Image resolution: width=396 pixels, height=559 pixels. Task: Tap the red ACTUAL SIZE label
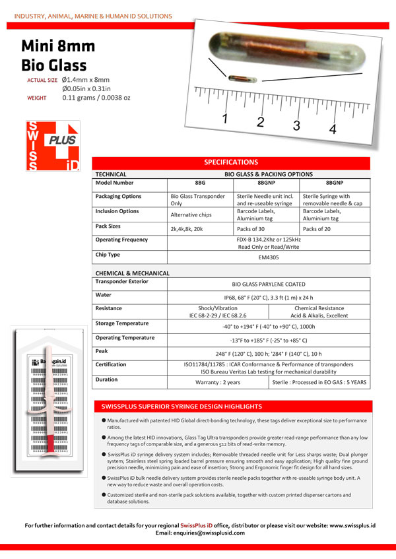(x=42, y=80)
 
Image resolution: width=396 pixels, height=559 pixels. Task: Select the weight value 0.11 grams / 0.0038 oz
(x=96, y=98)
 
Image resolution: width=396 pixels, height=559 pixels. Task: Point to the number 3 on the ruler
(x=297, y=125)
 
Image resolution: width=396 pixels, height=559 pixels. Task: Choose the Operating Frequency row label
(x=121, y=240)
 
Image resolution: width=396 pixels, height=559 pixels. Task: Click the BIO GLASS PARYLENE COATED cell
(x=268, y=284)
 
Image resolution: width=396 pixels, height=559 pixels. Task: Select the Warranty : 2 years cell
(x=218, y=382)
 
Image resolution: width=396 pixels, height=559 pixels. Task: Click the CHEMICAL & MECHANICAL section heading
(x=133, y=273)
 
